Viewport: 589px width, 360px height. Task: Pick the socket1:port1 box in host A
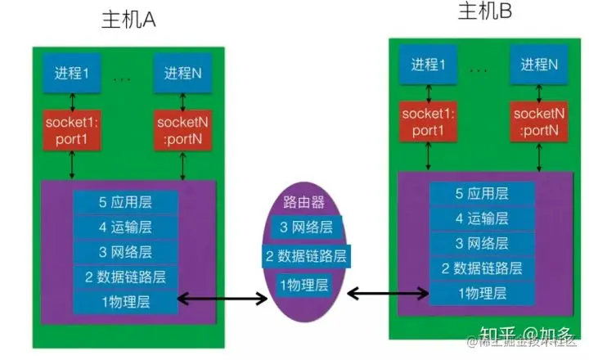(73, 129)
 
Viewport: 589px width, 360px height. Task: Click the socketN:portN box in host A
(183, 129)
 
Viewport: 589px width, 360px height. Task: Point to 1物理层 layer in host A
(124, 303)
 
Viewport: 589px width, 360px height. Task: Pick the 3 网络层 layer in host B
(482, 243)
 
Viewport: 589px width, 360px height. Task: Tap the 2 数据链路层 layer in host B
(482, 268)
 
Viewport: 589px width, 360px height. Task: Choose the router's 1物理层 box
(304, 285)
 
